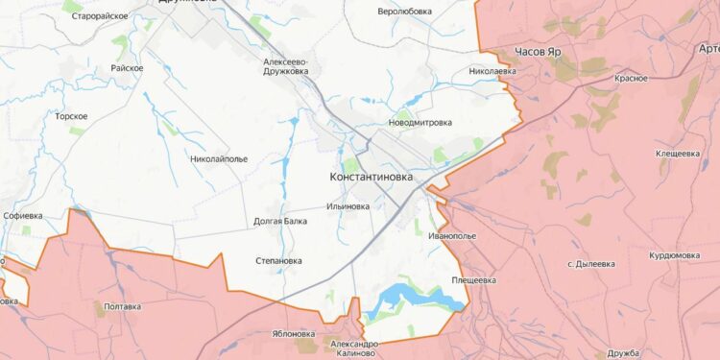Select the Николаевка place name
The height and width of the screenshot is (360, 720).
492,72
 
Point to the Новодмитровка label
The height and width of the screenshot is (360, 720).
420,124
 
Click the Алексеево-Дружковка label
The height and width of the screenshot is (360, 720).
291,66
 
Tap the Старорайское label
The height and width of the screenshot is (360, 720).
100,16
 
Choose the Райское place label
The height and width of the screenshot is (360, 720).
128,68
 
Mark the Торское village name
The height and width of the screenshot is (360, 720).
72,116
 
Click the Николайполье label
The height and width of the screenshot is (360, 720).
219,158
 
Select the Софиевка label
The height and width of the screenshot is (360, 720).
23,216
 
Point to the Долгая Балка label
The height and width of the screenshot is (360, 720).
280,221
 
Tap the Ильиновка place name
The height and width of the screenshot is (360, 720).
348,206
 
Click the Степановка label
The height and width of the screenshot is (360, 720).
279,260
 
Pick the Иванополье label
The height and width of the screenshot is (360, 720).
453,235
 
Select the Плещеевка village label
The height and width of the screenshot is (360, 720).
474,280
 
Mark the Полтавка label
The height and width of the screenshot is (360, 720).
122,306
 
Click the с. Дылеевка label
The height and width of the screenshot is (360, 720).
597,263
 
